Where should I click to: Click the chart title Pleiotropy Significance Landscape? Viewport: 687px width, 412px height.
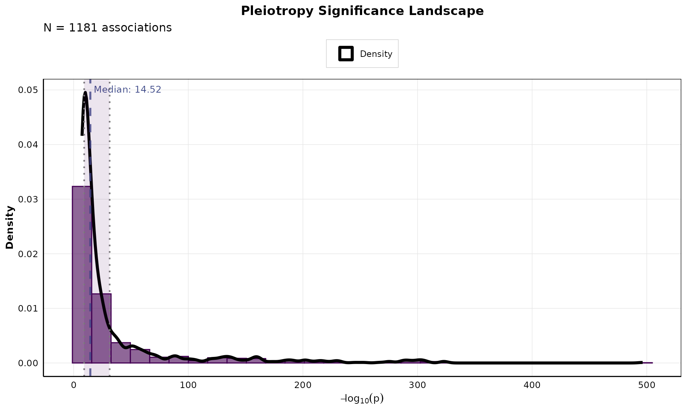(362, 11)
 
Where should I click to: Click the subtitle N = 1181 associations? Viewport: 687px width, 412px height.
(107, 28)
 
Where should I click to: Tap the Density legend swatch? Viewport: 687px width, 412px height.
(346, 54)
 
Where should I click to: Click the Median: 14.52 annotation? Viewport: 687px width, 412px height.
(127, 89)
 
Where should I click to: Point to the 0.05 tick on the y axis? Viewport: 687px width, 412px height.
(28, 90)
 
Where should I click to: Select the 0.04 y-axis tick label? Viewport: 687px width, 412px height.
(28, 144)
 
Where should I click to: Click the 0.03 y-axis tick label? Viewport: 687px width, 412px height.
(28, 199)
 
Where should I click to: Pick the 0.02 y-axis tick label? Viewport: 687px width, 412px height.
(28, 254)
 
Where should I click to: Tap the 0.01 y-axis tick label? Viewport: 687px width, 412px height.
(28, 308)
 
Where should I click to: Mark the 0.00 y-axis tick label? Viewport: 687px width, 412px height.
(28, 363)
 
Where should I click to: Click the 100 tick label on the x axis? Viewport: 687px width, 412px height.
(188, 385)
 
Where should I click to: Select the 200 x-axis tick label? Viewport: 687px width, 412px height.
(303, 385)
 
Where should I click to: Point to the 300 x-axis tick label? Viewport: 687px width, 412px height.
(418, 385)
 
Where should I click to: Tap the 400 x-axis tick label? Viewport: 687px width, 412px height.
(532, 385)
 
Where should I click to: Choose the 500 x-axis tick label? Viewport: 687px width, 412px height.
(647, 385)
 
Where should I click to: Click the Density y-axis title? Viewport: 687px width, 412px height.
(10, 227)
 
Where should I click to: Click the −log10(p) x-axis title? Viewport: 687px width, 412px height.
(362, 398)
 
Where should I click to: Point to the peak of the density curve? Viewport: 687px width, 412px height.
(86, 93)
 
